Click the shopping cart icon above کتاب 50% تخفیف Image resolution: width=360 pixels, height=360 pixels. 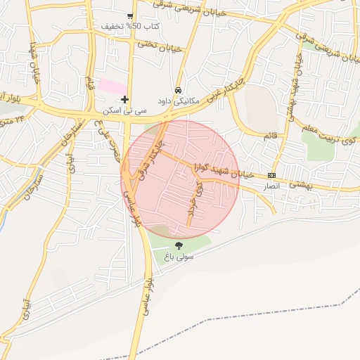coord(131,16)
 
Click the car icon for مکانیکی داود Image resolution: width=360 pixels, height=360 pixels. coord(179,91)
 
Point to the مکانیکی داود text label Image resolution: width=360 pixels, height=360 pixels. coord(179,101)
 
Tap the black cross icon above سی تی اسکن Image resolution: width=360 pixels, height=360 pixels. coord(124,100)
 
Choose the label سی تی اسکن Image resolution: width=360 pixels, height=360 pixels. coord(124,110)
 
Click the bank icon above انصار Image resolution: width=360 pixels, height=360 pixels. coord(272,176)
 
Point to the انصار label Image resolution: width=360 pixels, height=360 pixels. coord(271,186)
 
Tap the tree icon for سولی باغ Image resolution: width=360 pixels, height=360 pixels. coord(179,246)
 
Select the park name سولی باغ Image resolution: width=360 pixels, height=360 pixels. coord(179,257)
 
